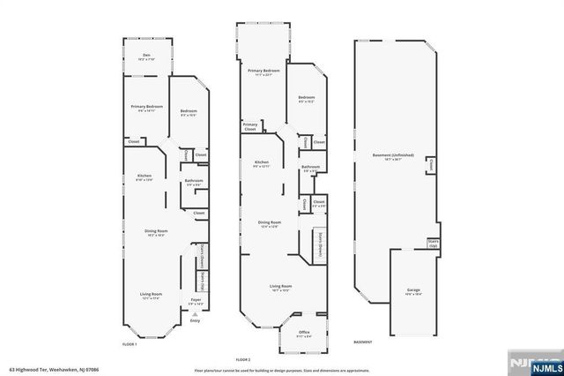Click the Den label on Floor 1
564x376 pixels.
tap(146, 56)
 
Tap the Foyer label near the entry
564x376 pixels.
tap(195, 300)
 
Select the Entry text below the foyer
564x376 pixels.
tap(195, 320)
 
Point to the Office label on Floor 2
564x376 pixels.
tap(304, 332)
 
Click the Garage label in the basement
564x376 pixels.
tap(413, 290)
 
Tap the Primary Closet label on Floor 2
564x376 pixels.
tap(251, 126)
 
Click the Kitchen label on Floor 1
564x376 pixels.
tap(145, 177)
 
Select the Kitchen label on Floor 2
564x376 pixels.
tap(262, 162)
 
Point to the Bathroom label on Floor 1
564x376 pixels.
tap(194, 181)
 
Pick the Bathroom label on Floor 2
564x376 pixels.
tap(310, 167)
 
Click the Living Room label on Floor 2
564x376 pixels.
tap(280, 287)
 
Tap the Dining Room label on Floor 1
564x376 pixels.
tap(156, 232)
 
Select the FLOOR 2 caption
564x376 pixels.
tap(243, 360)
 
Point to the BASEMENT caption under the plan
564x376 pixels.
tap(363, 342)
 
